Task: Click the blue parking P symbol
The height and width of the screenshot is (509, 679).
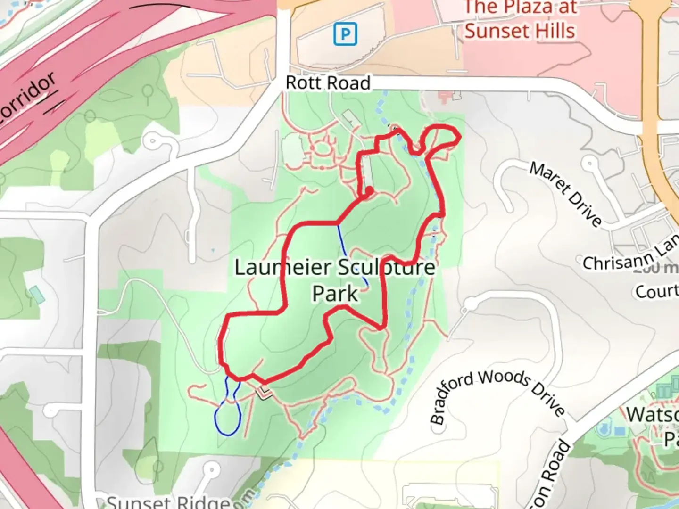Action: (346, 34)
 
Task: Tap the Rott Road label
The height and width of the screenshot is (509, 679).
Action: (328, 83)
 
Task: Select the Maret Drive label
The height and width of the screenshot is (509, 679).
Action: (565, 194)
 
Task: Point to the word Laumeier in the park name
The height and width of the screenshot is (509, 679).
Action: (283, 268)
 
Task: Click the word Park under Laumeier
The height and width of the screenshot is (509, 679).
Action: (335, 293)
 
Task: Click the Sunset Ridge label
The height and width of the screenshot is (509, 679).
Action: (168, 501)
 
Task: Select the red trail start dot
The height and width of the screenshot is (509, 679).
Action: (369, 191)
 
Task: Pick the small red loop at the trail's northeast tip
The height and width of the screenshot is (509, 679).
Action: (442, 136)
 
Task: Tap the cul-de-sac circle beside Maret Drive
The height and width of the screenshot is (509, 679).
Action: (589, 164)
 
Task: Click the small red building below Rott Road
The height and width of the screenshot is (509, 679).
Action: (444, 98)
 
